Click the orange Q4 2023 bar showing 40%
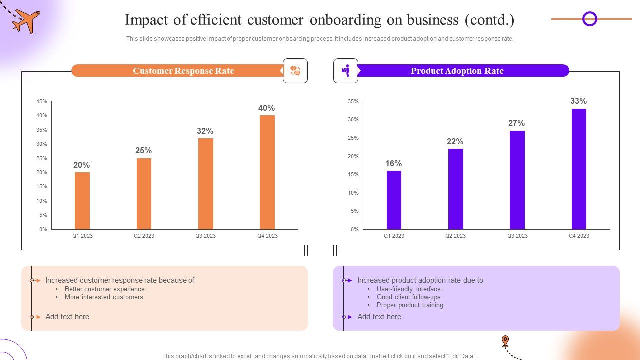pyautogui.click(x=267, y=172)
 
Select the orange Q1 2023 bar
pyautogui.click(x=82, y=201)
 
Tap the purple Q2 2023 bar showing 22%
pyautogui.click(x=455, y=189)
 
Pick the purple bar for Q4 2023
pyautogui.click(x=579, y=169)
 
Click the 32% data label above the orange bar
pyautogui.click(x=205, y=131)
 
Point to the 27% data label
pyautogui.click(x=516, y=123)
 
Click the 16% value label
pyautogui.click(x=393, y=164)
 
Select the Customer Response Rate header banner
pyautogui.click(x=183, y=71)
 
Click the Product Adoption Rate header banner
pyautogui.click(x=457, y=71)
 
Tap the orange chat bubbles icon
pyautogui.click(x=295, y=71)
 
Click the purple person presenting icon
pyautogui.click(x=346, y=71)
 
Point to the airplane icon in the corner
pyautogui.click(x=26, y=21)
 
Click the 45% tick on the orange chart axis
pyautogui.click(x=42, y=101)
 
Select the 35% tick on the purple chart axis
pyautogui.click(x=353, y=101)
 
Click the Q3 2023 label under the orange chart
pyautogui.click(x=205, y=236)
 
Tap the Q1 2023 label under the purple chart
pyautogui.click(x=394, y=236)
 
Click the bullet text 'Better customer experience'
pyautogui.click(x=104, y=289)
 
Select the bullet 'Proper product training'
pyautogui.click(x=410, y=305)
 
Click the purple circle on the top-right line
pyautogui.click(x=590, y=19)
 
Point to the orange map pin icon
pyautogui.click(x=505, y=341)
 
